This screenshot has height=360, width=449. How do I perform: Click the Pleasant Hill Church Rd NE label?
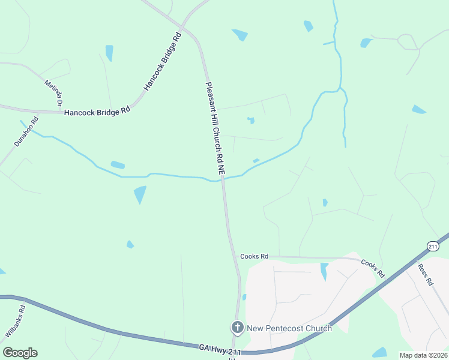click(x=215, y=128)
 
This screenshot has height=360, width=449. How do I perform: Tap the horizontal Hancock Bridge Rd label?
click(x=97, y=112)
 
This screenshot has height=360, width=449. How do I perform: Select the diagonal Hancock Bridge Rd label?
click(x=162, y=62)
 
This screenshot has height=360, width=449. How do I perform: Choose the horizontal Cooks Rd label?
click(x=254, y=256)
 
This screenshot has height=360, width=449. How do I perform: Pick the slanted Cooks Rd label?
click(x=373, y=268)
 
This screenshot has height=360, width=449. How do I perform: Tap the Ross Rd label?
click(x=425, y=274)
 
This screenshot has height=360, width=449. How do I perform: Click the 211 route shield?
click(x=433, y=246)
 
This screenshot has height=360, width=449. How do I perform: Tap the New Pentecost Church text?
click(x=289, y=328)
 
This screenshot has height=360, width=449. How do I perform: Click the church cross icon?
click(x=238, y=327)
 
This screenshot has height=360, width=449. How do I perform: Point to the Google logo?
click(x=20, y=353)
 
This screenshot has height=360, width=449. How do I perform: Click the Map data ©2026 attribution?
click(x=423, y=355)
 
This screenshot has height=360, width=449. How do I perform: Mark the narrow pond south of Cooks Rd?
click(x=324, y=271)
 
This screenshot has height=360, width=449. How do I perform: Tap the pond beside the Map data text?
click(x=379, y=352)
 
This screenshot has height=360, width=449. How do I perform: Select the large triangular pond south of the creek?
click(x=140, y=194)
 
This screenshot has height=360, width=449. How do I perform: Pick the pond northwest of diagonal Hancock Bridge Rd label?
click(x=109, y=53)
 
